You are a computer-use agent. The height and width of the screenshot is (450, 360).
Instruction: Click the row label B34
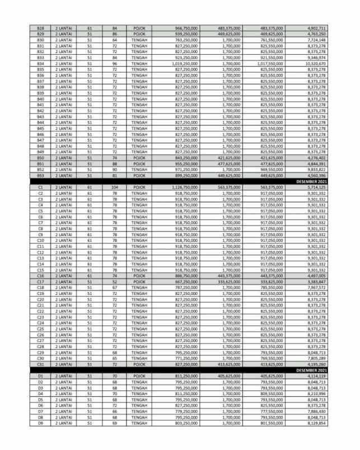40,63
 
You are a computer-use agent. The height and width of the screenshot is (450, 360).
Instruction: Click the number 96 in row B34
114,63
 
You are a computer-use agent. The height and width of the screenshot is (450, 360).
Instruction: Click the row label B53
40,175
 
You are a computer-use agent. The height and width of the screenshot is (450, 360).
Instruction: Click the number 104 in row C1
114,187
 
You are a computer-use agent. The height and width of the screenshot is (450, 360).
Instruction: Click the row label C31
40,364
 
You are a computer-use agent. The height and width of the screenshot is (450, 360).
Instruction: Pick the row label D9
40,423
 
